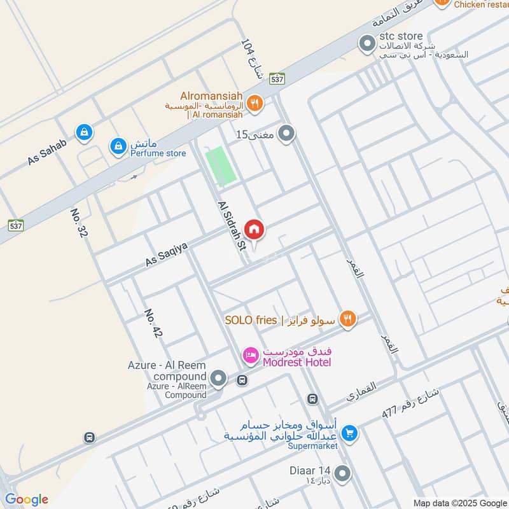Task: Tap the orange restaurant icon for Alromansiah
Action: [254, 103]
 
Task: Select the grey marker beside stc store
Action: [366, 44]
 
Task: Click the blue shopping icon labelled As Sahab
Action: [83, 132]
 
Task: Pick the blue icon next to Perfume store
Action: [118, 147]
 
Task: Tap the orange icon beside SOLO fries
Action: [347, 319]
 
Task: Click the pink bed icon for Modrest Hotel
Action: [251, 355]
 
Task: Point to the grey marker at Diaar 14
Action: [342, 473]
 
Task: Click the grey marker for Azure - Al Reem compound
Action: [218, 379]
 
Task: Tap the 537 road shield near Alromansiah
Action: [277, 78]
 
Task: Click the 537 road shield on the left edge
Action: [16, 225]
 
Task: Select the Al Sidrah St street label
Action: [231, 226]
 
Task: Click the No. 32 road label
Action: [79, 223]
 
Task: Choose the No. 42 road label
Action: [153, 323]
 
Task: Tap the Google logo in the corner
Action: [26, 499]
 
